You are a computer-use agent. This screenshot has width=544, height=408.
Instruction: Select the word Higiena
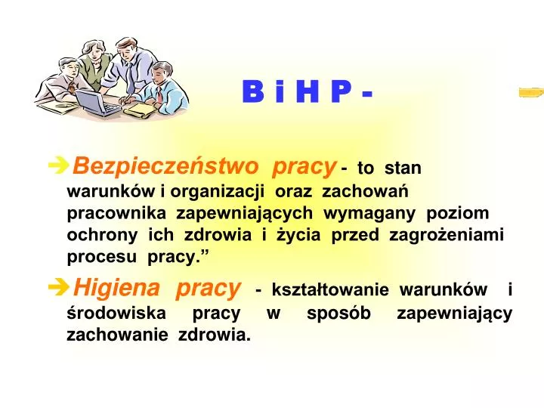[x=117, y=288]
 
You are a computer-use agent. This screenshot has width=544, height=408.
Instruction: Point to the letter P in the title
[x=341, y=92]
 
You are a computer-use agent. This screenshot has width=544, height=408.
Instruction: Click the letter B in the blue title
[x=252, y=92]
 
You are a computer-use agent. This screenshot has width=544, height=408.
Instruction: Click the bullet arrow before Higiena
[x=58, y=288]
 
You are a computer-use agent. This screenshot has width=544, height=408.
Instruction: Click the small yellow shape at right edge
[x=531, y=93]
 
